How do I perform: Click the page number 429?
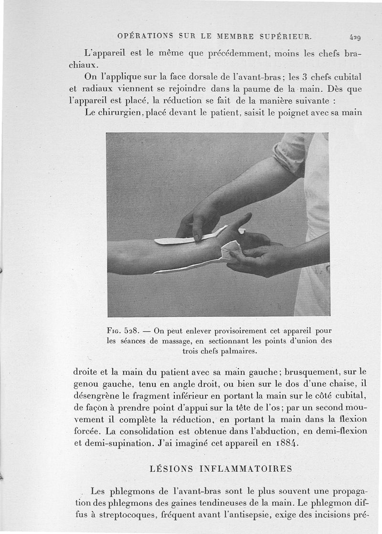coord(355,37)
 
